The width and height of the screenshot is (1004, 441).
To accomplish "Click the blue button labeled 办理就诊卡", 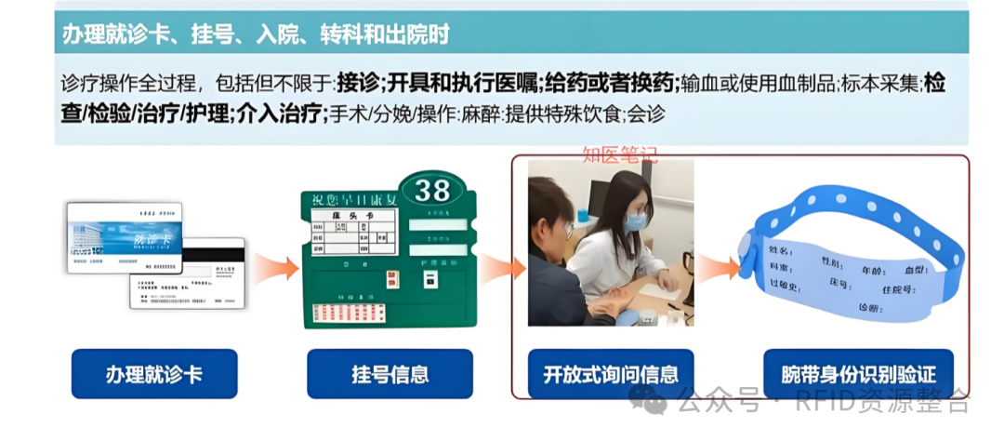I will tap(153, 375).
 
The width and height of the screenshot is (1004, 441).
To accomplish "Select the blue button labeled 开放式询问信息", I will tap(611, 375).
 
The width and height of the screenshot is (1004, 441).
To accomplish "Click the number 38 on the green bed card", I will tap(432, 191).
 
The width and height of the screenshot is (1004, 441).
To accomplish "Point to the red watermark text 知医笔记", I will tap(619, 154).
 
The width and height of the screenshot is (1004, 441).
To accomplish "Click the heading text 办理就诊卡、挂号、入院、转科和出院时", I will tap(256, 35).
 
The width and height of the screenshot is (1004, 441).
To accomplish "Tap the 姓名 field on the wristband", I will tap(781, 250).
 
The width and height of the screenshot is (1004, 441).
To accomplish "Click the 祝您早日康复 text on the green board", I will tap(353, 197).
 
